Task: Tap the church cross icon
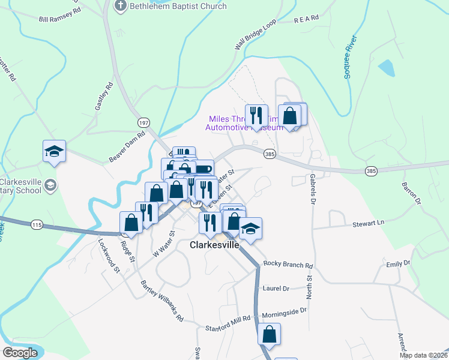click(x=120, y=6)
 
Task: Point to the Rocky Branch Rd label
click(x=288, y=265)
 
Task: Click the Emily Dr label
click(x=398, y=263)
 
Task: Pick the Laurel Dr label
click(x=276, y=289)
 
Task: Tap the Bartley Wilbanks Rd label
click(x=162, y=301)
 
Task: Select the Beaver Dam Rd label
click(x=127, y=147)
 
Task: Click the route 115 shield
click(x=37, y=224)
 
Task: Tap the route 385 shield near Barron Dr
click(x=371, y=172)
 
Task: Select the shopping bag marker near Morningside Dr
click(x=270, y=334)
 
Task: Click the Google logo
click(x=20, y=353)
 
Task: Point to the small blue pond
click(x=386, y=67)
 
